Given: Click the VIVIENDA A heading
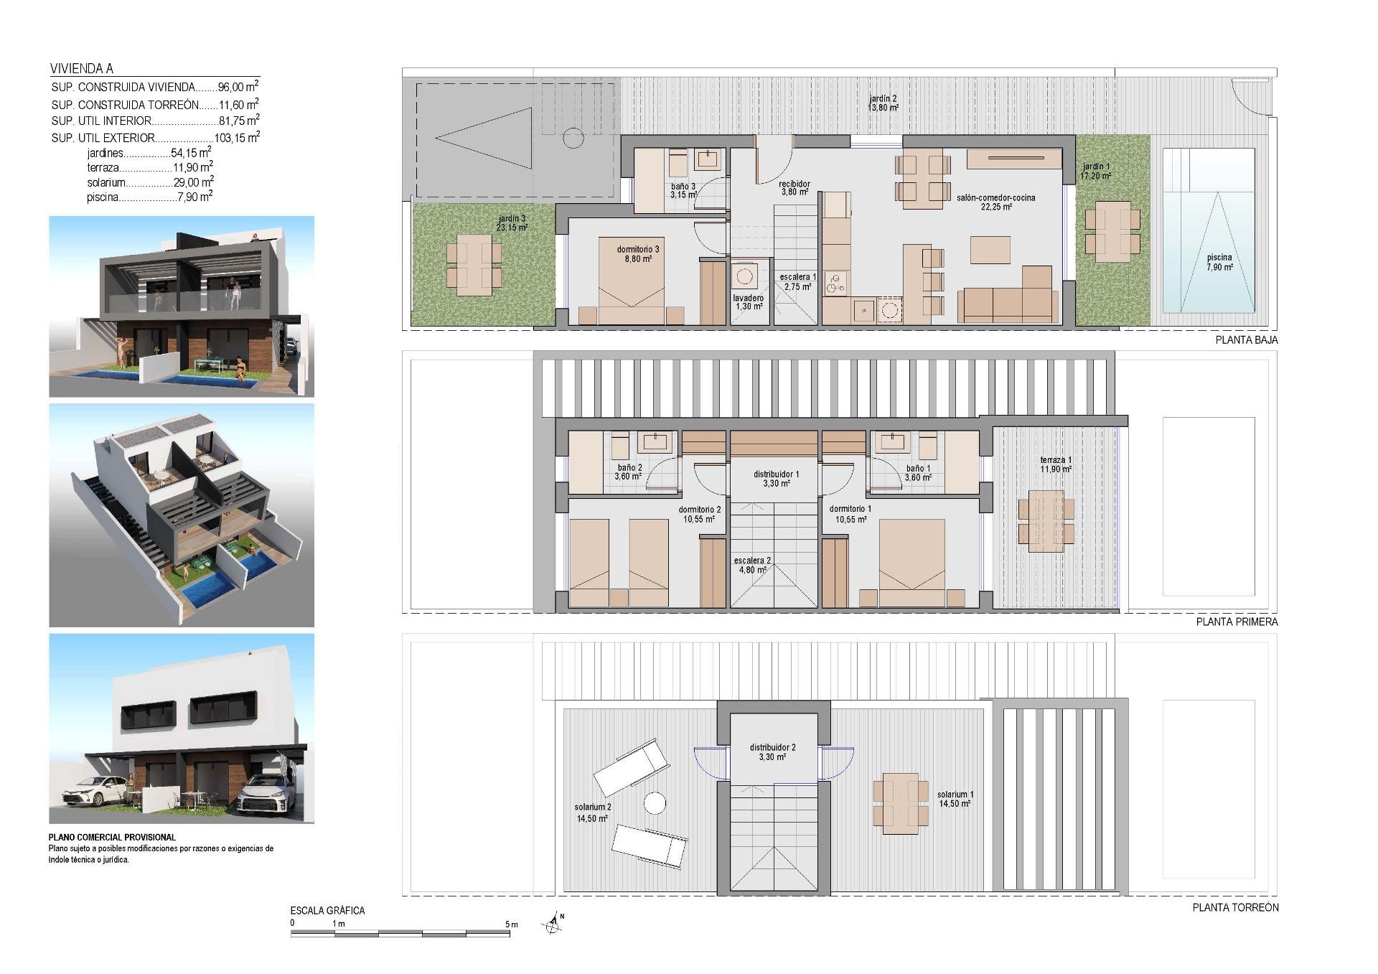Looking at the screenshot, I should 82,69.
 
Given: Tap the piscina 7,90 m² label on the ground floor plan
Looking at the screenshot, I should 1219,262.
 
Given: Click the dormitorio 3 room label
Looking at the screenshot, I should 637,254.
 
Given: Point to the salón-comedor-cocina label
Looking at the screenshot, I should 995,202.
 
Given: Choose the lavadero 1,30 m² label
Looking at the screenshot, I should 749,302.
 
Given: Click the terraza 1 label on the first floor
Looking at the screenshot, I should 1056,464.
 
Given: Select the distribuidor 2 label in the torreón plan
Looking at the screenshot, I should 773,752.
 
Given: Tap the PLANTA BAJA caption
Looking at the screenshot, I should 1246,340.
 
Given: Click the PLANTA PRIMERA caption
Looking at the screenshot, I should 1237,622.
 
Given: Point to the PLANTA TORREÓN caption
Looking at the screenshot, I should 1235,907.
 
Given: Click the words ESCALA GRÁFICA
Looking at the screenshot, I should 327,910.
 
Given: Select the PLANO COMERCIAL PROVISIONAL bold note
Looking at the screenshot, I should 112,837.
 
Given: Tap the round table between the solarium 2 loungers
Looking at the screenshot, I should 655,802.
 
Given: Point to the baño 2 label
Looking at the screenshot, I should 629,472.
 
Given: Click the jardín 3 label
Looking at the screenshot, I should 512,223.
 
